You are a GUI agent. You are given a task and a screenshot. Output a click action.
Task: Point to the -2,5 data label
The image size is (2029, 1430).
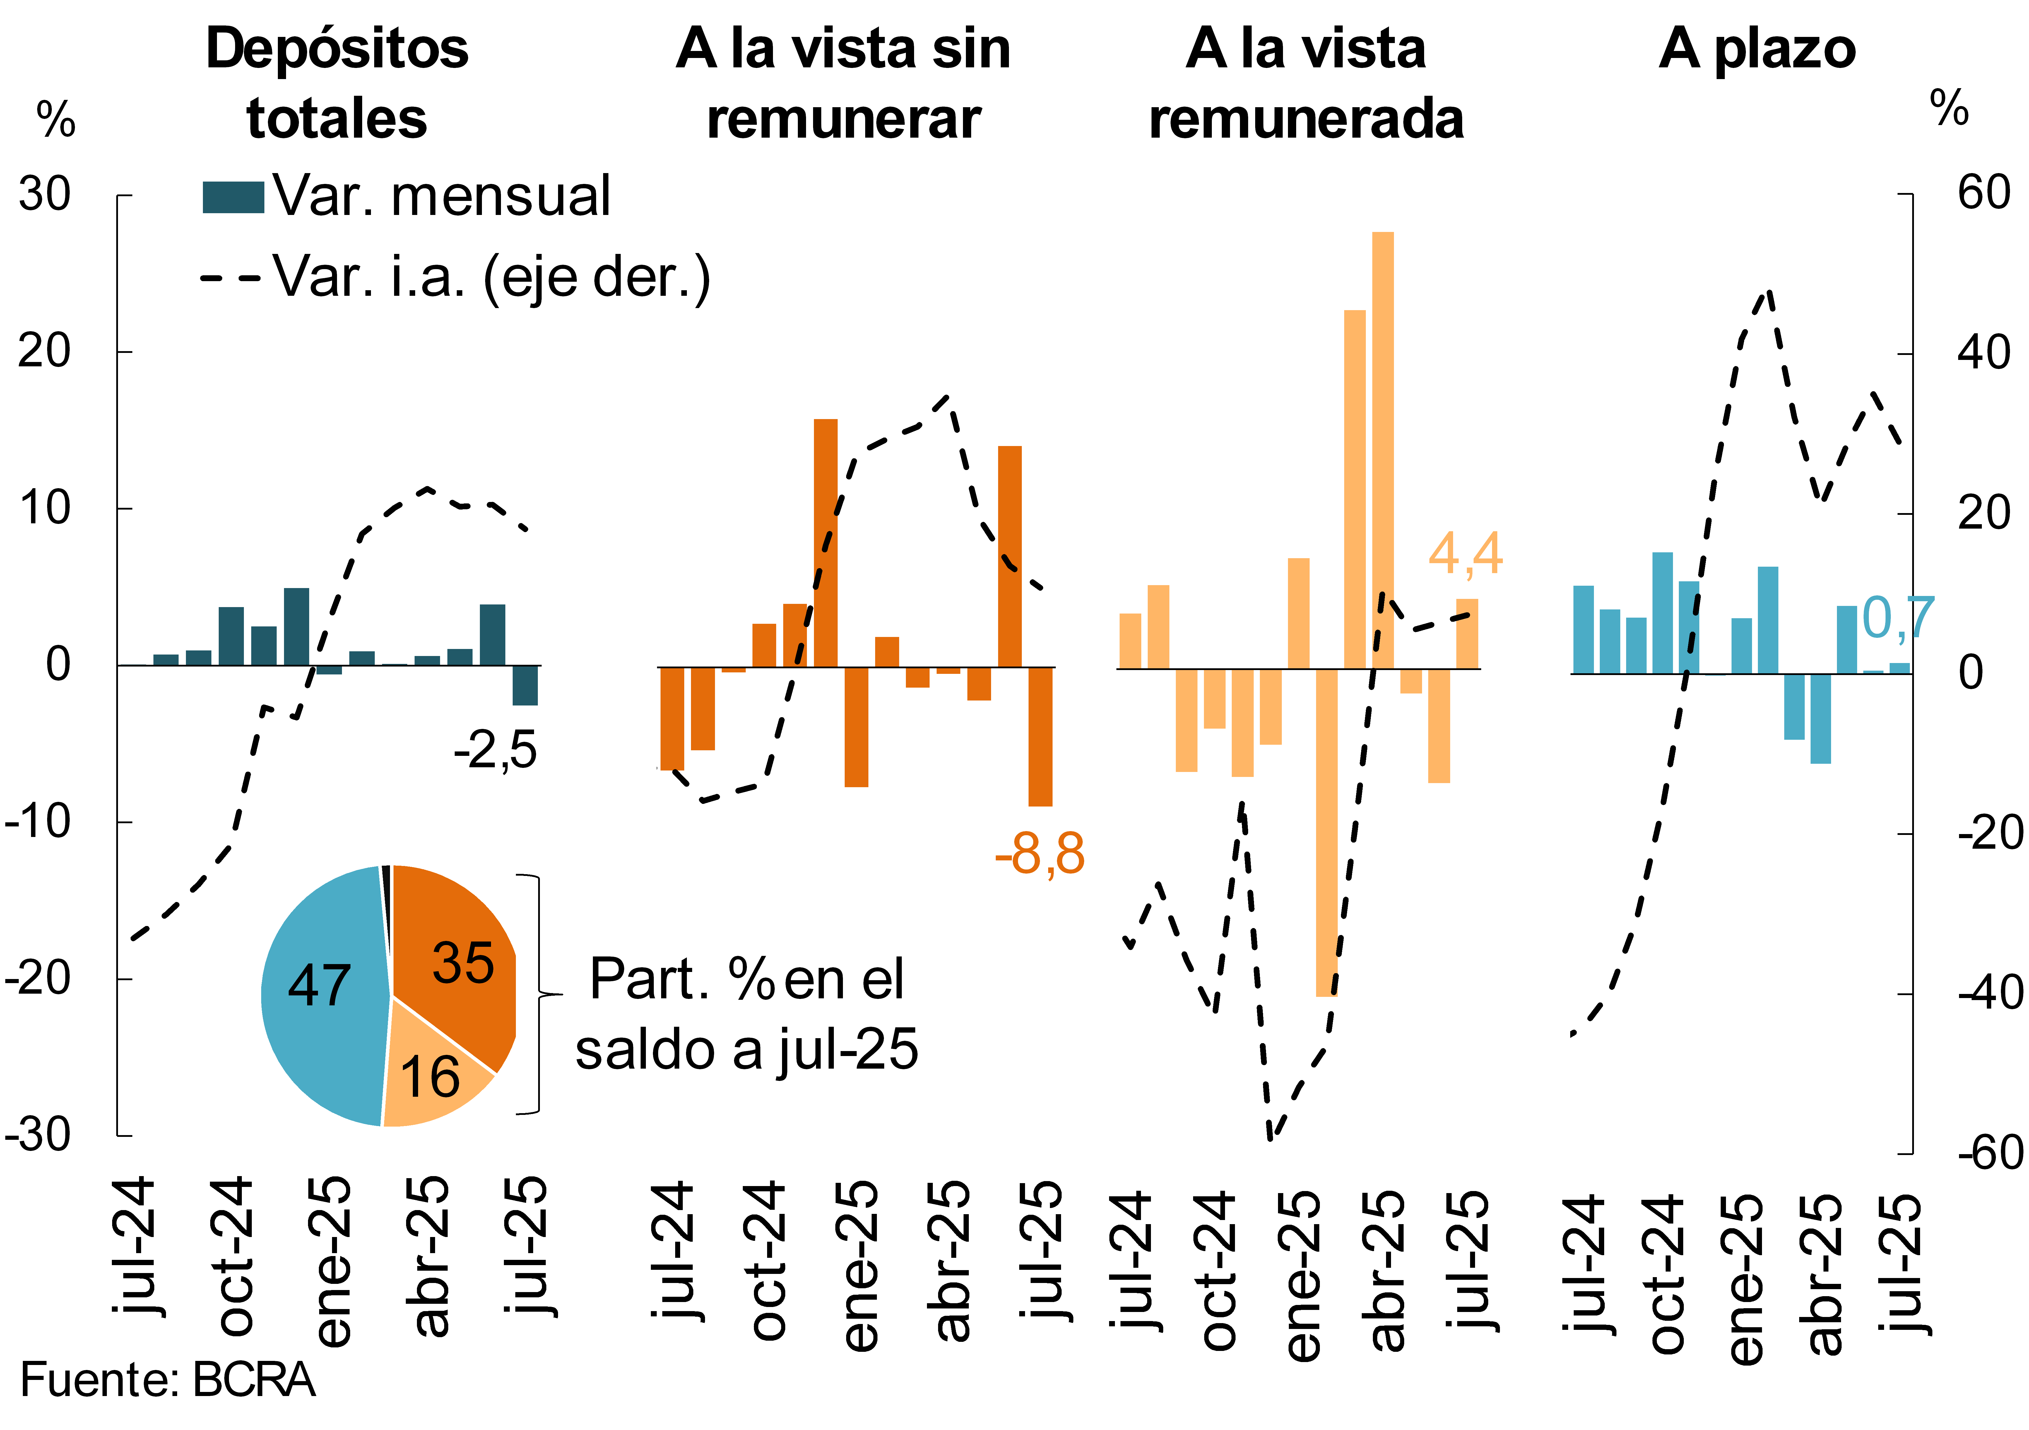(495, 750)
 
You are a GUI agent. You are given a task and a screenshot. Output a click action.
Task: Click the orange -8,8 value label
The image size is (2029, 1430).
(1039, 854)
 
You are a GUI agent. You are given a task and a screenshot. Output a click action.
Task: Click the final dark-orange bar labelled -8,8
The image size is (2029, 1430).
(1040, 736)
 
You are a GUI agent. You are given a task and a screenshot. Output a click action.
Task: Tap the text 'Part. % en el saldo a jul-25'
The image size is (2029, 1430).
(747, 1015)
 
